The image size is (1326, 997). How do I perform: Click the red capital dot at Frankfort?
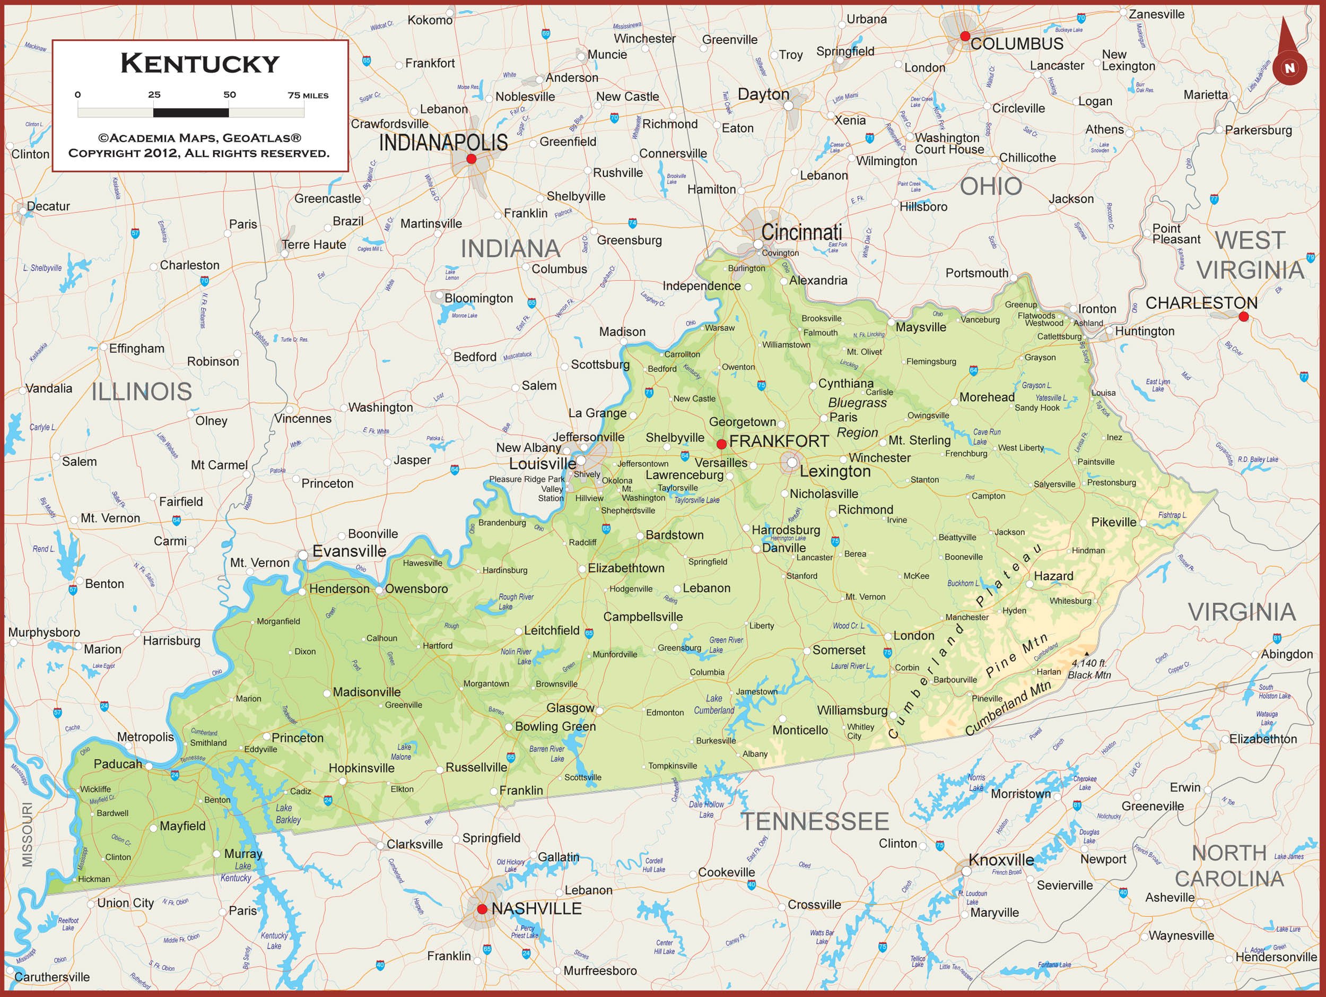click(x=722, y=444)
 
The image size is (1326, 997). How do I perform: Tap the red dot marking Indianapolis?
click(x=471, y=159)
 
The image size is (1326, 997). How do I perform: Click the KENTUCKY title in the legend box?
click(x=199, y=64)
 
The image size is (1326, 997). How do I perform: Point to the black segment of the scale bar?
click(x=190, y=112)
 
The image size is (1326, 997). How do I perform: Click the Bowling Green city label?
click(x=555, y=726)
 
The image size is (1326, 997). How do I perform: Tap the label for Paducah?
click(x=118, y=764)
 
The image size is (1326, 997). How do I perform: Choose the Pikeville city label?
click(x=1113, y=522)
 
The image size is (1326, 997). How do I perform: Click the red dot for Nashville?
click(x=482, y=909)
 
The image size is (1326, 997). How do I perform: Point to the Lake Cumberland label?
click(x=714, y=705)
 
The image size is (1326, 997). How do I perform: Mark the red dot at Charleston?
click(x=1243, y=317)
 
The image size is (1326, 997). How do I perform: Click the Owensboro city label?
click(x=416, y=589)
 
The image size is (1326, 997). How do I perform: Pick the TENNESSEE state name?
click(x=815, y=821)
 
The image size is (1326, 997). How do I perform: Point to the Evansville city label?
click(x=349, y=551)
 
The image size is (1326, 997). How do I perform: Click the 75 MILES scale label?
click(x=308, y=96)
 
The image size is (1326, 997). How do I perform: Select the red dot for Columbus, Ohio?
click(x=964, y=36)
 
